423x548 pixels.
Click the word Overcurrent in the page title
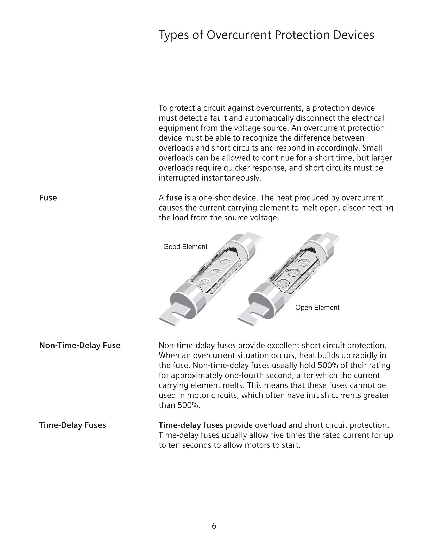[239, 35]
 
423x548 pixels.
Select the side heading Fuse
[48, 198]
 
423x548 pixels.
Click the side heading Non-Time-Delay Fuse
[80, 346]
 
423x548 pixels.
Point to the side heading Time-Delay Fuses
[72, 425]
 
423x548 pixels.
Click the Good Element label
[185, 247]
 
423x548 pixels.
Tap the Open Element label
[317, 308]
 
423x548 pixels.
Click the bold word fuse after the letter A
[174, 198]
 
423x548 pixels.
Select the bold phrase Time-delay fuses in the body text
[191, 425]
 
